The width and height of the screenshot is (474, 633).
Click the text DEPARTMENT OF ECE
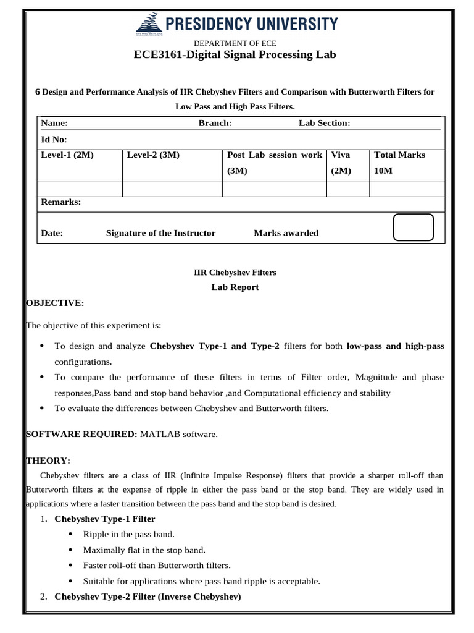(235, 43)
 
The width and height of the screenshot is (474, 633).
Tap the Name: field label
(54, 123)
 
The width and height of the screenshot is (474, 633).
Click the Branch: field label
(215, 123)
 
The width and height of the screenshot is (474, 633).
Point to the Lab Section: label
(324, 123)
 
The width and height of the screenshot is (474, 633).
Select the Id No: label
(54, 140)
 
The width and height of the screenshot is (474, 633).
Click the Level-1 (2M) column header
(67, 155)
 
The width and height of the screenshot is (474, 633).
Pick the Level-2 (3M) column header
(153, 155)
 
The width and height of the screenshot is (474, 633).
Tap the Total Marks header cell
(399, 155)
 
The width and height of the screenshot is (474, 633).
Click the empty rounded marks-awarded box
(413, 228)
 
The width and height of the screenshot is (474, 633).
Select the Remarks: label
(60, 202)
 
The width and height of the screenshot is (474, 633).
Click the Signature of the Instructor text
(161, 233)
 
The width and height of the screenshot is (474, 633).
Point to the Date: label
(52, 233)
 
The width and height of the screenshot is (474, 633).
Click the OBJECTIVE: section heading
(54, 303)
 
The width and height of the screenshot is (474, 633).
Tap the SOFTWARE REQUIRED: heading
(81, 435)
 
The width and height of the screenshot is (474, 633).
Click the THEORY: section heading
(48, 461)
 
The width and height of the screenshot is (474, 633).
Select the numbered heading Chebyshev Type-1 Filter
(105, 519)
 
